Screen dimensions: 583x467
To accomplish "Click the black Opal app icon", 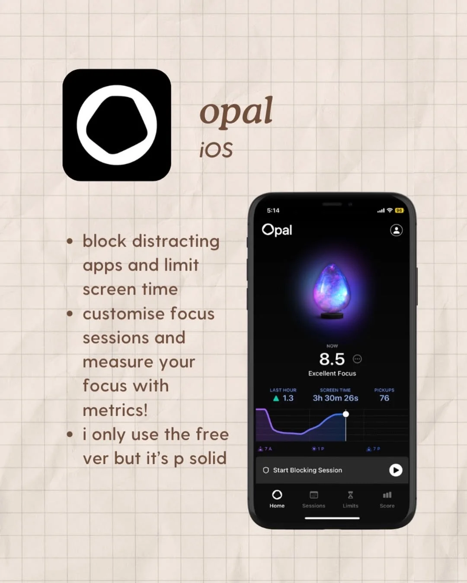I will [x=117, y=125].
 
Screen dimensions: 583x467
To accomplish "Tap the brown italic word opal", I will [x=236, y=111].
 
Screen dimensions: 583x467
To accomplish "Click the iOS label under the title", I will [x=216, y=150].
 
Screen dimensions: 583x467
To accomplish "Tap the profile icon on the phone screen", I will [x=396, y=230].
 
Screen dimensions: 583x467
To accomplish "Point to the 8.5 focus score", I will [x=332, y=359].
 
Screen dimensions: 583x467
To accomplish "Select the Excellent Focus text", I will [x=332, y=373].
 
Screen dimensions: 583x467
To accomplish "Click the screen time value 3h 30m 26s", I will [x=336, y=398].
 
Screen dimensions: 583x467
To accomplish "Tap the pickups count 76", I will [x=384, y=398].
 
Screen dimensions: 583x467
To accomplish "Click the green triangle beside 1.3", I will [x=276, y=398].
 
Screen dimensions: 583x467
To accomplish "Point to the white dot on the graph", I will [x=345, y=414].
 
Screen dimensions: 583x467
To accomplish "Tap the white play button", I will [x=395, y=470].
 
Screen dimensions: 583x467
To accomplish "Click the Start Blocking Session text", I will [x=307, y=470].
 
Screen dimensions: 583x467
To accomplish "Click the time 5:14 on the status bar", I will [x=273, y=211].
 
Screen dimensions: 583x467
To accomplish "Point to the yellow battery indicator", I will [x=399, y=210].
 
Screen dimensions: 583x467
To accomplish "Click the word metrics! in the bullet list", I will [x=115, y=410].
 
